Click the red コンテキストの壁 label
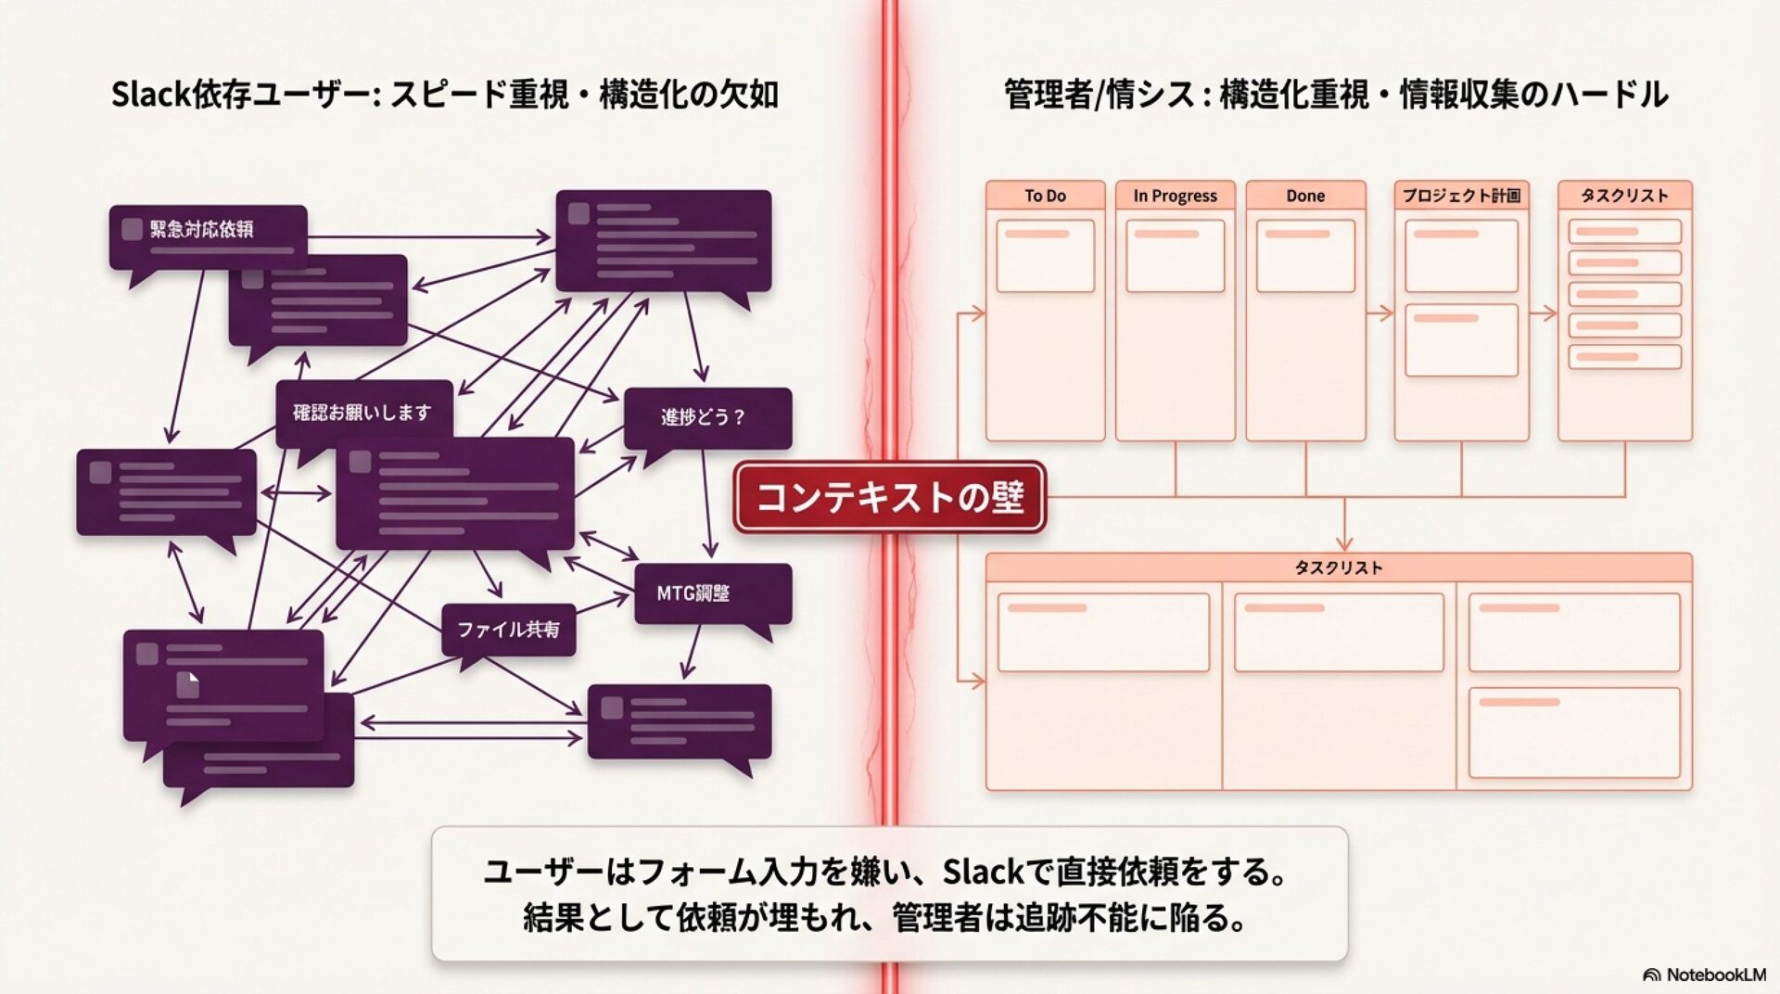[890, 497]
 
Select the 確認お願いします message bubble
[363, 413]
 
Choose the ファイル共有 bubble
[508, 630]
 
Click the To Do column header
[1045, 196]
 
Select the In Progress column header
[1175, 196]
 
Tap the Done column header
[1305, 196]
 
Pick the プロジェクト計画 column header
[1461, 196]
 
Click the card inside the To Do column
[1045, 256]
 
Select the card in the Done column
[1305, 256]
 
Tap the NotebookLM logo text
[1715, 975]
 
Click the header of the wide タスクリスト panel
[1339, 567]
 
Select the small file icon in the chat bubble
[188, 684]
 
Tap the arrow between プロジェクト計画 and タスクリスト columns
[1544, 313]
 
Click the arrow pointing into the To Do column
[973, 313]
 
